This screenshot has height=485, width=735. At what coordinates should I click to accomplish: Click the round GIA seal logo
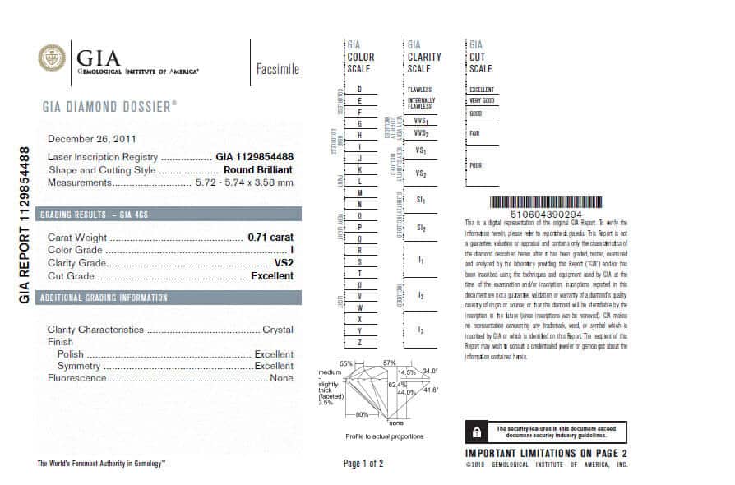click(x=53, y=58)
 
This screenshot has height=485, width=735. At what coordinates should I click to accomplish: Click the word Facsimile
click(x=277, y=69)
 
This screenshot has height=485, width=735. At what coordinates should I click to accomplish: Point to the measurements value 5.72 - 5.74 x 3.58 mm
click(x=243, y=182)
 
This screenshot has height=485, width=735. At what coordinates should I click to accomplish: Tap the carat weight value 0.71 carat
click(x=270, y=237)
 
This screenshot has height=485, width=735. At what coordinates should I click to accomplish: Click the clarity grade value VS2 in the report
click(x=283, y=263)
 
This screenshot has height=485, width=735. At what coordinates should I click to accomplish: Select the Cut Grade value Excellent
click(x=271, y=276)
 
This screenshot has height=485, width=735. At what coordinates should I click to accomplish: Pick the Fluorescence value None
click(x=281, y=378)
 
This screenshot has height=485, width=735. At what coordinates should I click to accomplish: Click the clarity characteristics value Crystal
click(x=278, y=330)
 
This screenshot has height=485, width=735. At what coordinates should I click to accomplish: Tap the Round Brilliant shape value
click(x=258, y=170)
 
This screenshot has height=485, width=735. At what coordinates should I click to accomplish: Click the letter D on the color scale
click(x=359, y=89)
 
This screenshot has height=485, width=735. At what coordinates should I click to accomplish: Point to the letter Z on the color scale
click(x=359, y=341)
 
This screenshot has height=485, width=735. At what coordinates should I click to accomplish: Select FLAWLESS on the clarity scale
click(x=419, y=89)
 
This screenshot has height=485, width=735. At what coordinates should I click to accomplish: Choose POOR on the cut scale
click(x=475, y=164)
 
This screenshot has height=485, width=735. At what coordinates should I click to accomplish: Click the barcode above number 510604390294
click(x=539, y=202)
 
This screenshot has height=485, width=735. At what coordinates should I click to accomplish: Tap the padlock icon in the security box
click(x=476, y=432)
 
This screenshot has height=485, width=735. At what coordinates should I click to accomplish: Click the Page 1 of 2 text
click(x=363, y=464)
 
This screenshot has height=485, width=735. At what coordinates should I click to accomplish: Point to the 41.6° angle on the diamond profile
click(x=430, y=389)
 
